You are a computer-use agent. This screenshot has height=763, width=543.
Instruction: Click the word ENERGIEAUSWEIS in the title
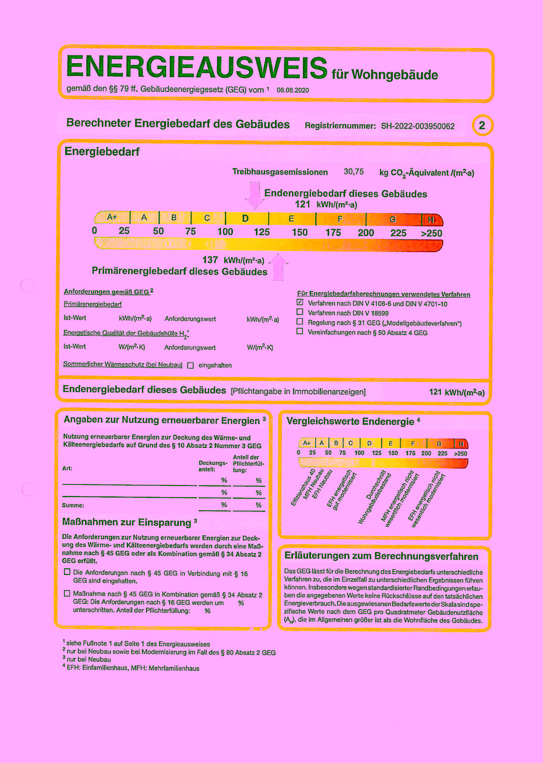(x=197, y=67)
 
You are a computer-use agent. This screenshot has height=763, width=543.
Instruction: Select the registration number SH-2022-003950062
(x=417, y=126)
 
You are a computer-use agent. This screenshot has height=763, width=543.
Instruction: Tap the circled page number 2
(x=482, y=126)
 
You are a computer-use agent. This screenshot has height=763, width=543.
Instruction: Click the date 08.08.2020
(x=293, y=90)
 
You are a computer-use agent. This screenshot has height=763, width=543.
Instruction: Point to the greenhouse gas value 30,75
(x=353, y=172)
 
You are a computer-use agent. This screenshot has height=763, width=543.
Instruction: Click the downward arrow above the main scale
(x=255, y=195)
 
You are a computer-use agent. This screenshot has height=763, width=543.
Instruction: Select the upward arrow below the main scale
(x=278, y=267)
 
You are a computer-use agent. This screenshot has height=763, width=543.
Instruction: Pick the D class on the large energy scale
(x=246, y=218)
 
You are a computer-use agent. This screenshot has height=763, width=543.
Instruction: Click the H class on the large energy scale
(x=431, y=219)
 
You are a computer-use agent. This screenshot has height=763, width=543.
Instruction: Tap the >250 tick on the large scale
(x=431, y=233)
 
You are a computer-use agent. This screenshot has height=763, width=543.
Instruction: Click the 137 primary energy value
(x=210, y=260)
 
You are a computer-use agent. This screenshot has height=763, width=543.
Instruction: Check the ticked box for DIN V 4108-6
(x=300, y=302)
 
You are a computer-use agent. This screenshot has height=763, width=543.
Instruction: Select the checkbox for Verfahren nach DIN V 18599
(x=300, y=312)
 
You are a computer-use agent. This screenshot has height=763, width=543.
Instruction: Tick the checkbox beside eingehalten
(x=190, y=365)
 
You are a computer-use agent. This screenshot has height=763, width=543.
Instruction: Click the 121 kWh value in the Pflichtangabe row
(x=456, y=392)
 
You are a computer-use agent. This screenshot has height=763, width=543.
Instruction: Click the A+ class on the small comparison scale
(x=306, y=443)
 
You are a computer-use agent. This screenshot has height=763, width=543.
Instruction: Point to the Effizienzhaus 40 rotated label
(x=303, y=488)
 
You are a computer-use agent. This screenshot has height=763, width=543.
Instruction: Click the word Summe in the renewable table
(x=73, y=505)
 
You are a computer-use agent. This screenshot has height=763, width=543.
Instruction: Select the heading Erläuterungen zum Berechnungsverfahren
(x=381, y=556)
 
